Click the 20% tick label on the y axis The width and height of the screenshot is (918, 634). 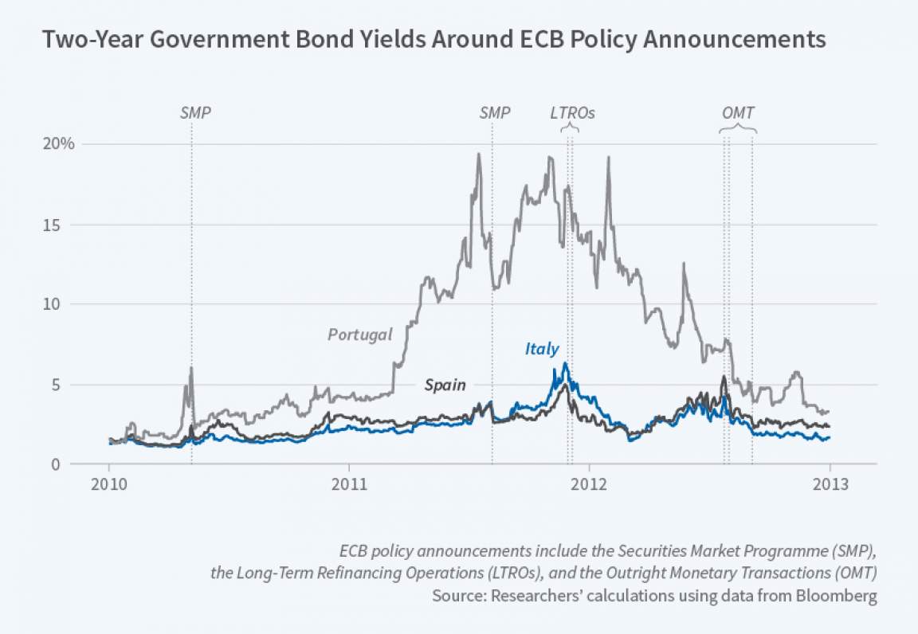[60, 144]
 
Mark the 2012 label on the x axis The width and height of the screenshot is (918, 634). [590, 484]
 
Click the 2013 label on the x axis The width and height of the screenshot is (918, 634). [830, 484]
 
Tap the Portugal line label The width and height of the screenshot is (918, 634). [360, 335]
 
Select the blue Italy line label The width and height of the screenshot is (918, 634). [542, 348]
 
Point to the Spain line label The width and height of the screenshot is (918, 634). [445, 385]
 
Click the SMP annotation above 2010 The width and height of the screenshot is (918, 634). [195, 113]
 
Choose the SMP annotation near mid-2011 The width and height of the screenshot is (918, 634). [495, 113]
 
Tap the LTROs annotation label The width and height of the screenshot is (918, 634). [573, 113]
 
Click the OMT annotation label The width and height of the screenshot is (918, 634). [738, 113]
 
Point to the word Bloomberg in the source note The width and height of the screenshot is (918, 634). [841, 597]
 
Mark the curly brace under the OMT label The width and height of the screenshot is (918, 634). [738, 130]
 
